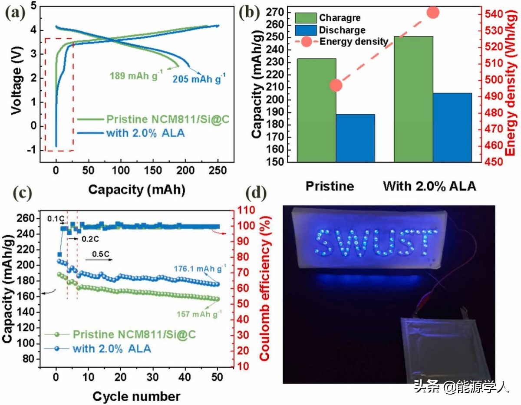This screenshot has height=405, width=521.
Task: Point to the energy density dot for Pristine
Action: pyautogui.click(x=336, y=86)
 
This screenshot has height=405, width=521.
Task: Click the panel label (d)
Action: pyautogui.click(x=255, y=193)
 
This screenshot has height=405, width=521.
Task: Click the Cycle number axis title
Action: pyautogui.click(x=136, y=396)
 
